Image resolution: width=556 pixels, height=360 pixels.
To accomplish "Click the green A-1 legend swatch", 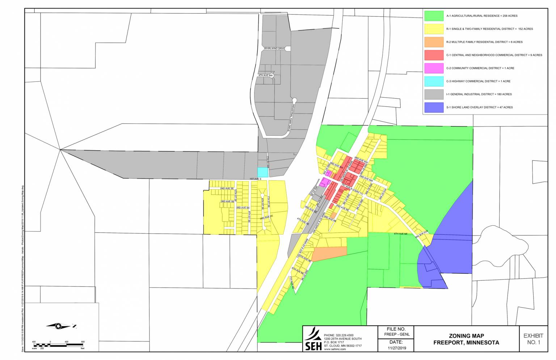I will pos(434,16).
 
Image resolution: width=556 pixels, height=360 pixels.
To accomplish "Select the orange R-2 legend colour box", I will pos(434,42).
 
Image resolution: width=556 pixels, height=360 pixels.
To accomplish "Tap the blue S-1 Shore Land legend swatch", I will pos(434,107).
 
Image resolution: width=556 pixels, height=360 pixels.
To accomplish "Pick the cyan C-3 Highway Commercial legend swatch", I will pos(434,81).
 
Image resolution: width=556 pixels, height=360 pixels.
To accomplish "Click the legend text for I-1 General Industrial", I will pos(479,94).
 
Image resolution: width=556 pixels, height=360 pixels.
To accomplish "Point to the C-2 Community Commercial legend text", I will pos(480,68).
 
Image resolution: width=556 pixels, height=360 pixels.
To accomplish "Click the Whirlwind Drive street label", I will pos(274,49).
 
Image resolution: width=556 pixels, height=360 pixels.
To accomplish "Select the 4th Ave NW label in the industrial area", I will pos(265,75).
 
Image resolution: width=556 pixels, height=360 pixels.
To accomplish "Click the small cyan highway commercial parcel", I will pos(262,172).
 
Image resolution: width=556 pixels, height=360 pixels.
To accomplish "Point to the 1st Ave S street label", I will pos(255,179).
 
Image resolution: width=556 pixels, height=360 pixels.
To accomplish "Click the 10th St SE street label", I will pos(235,195).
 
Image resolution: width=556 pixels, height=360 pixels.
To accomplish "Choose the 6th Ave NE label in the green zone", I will pos(401,234).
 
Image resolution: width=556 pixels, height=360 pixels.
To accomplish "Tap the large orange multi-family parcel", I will pos(329,254).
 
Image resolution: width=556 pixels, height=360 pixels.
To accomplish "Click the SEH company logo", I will pos(313,339).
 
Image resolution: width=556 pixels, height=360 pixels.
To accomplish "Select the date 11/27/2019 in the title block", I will pos(397,348).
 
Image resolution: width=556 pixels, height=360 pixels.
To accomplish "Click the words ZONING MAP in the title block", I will pos(466,336).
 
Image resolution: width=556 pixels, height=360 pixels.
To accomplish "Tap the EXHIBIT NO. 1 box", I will pos(533,339).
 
